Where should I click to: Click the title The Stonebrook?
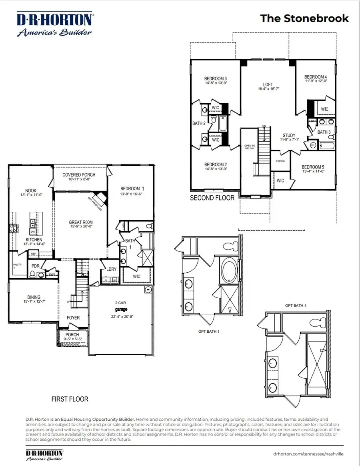[304, 18]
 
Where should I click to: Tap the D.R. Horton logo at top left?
[55, 25]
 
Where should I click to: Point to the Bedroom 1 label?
[130, 189]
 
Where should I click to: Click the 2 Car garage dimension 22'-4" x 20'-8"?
[120, 316]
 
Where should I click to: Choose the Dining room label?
[34, 297]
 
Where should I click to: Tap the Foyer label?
[73, 318]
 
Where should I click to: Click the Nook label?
[31, 191]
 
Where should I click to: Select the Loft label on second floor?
[268, 85]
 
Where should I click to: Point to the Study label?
[288, 135]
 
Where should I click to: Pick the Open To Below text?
[249, 147]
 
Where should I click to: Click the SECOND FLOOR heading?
[212, 198]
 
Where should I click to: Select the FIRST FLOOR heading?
[70, 399]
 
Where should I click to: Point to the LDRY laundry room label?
[111, 269]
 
